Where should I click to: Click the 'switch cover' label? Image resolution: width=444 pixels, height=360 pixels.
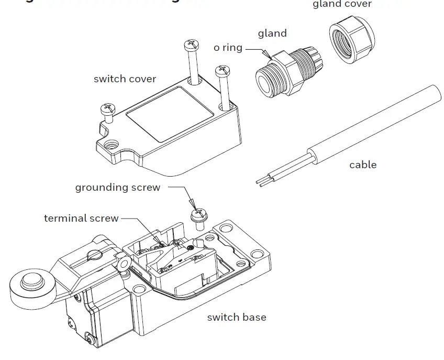[125, 79]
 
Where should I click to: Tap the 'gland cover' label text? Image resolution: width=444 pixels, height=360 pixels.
[342, 5]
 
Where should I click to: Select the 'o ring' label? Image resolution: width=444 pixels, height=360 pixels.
[228, 48]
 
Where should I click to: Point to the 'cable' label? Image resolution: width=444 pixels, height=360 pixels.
[363, 165]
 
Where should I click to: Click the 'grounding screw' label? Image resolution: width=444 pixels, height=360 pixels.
[117, 187]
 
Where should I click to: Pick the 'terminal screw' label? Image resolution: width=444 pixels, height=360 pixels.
[81, 218]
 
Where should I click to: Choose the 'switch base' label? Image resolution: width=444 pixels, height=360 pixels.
[236, 317]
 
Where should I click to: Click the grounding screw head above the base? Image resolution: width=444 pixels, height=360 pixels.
[197, 213]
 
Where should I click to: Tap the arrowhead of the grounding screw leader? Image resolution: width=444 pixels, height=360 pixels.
[192, 205]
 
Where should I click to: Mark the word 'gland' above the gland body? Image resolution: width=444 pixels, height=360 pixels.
[272, 34]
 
